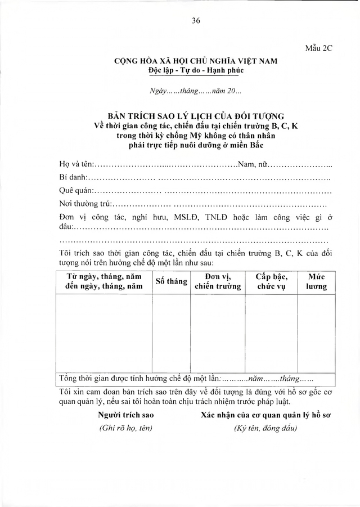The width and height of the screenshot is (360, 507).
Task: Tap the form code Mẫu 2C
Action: (319, 48)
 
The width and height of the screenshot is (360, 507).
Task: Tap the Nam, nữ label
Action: (251, 165)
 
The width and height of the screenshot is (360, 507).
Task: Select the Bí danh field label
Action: (71, 178)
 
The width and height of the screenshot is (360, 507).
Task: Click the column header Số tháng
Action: (171, 281)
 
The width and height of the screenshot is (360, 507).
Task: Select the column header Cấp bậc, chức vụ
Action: (272, 281)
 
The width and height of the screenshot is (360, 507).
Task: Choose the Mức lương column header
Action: (316, 281)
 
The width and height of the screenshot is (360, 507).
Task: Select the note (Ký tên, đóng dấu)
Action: (266, 428)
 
